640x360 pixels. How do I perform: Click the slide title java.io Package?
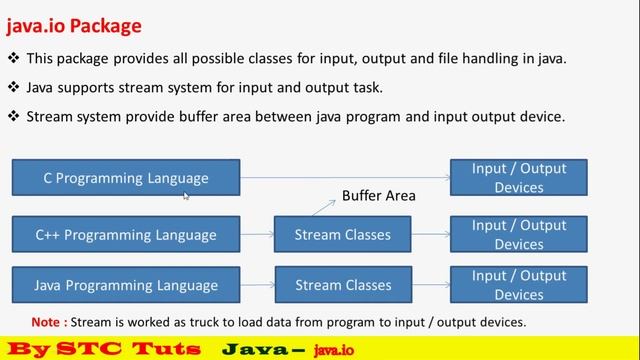coord(74,25)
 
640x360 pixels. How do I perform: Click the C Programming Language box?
coord(126,178)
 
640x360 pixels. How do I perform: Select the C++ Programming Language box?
coord(126,235)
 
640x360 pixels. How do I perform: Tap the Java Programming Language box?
coord(126,285)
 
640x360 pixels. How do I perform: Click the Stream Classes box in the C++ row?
coord(343,235)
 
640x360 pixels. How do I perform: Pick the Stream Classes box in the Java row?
coord(343,285)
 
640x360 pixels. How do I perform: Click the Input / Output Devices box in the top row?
coord(518,178)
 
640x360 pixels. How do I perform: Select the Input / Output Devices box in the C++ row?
coord(518,235)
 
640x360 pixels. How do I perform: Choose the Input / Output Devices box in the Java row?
coord(518,285)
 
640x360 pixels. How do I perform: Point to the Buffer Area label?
coord(378,196)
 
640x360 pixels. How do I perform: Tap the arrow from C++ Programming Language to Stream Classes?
coord(257,235)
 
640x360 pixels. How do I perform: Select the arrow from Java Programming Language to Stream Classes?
coord(257,285)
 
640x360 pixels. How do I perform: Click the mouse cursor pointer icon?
coord(187,197)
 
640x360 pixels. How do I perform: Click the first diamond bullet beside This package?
coord(13,59)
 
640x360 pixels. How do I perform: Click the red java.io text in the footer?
coord(333,349)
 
